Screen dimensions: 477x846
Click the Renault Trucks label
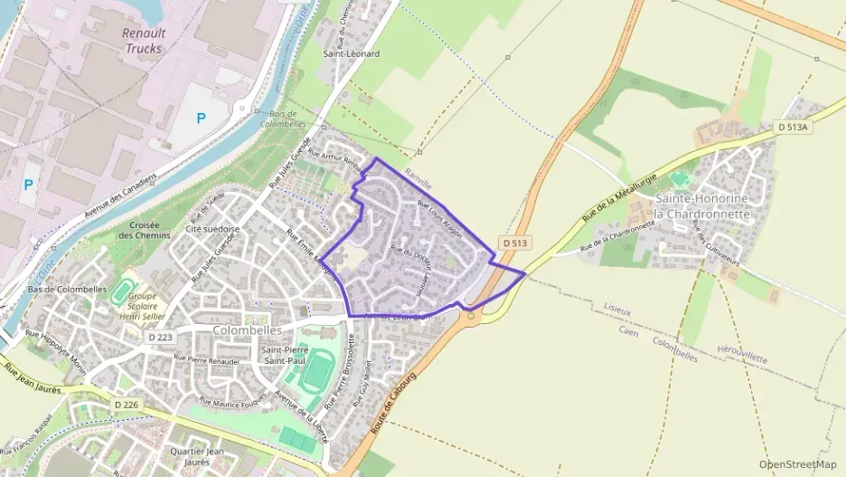(143, 41)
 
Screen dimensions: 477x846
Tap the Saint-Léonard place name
(352, 53)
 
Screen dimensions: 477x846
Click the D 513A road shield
(793, 128)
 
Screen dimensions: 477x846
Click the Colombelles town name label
(248, 330)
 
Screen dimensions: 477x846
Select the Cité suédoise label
(212, 229)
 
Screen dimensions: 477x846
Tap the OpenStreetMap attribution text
(798, 464)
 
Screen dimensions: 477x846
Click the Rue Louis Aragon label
(440, 220)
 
